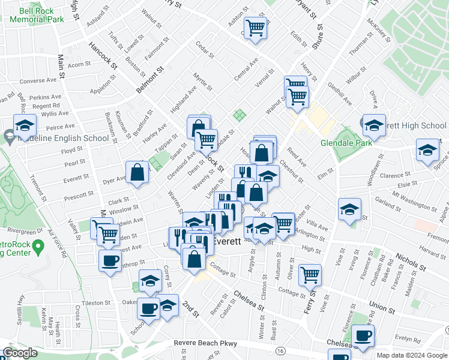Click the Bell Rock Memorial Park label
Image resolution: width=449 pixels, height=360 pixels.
(37, 15)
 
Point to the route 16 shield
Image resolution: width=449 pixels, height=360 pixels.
(280, 350)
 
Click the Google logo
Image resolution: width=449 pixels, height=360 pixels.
(20, 353)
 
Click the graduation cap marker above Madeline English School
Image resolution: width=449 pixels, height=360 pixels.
(25, 125)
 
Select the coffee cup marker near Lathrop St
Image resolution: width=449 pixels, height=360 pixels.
(110, 260)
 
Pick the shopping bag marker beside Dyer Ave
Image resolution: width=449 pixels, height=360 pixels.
(137, 172)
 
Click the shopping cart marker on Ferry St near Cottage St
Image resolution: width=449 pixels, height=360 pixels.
(310, 275)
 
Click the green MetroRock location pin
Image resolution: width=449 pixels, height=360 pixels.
(38, 246)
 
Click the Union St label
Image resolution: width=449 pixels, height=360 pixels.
(383, 308)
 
